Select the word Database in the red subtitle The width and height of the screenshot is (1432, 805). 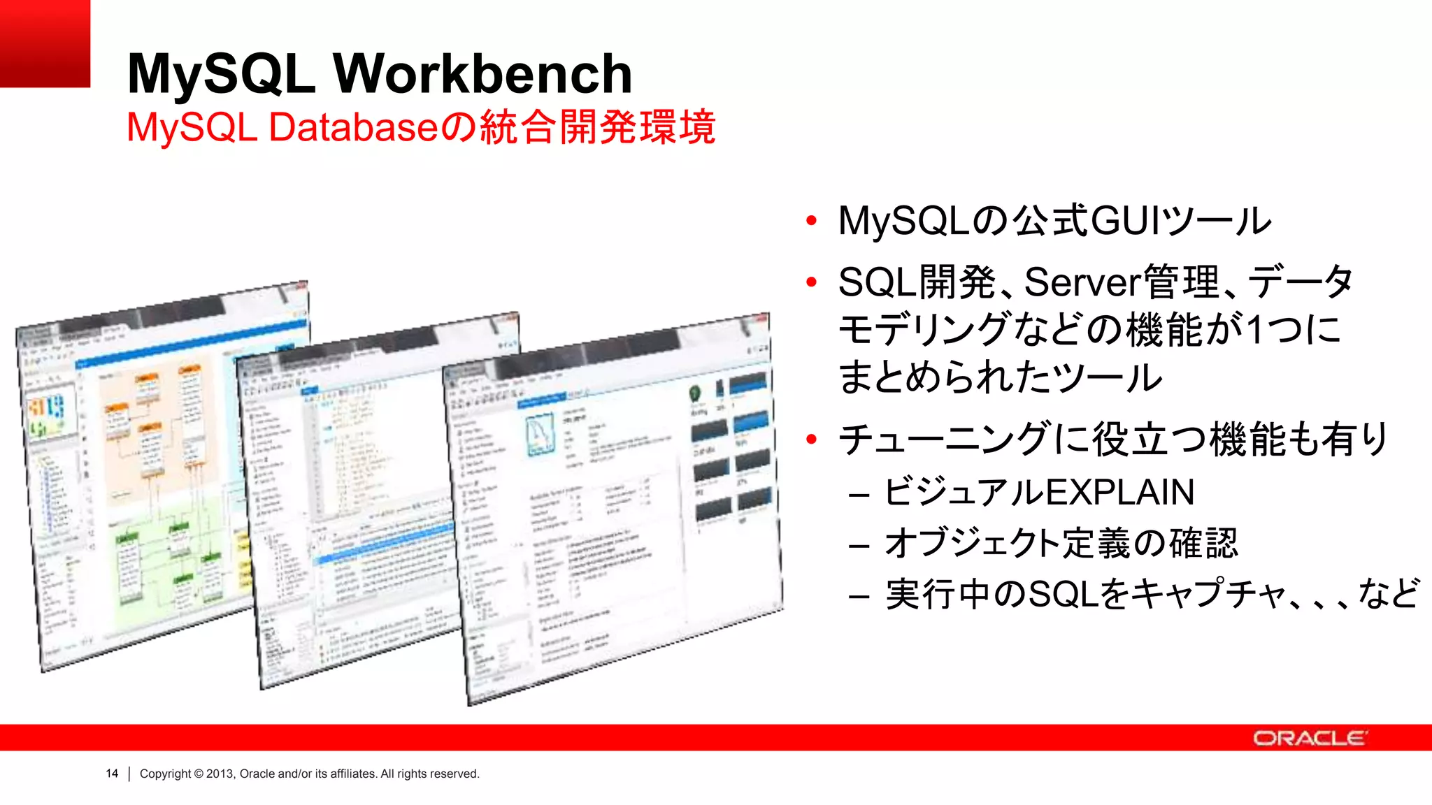click(x=353, y=127)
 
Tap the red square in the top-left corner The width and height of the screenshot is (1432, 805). click(x=45, y=43)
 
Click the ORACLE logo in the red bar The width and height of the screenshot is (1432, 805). click(x=1310, y=738)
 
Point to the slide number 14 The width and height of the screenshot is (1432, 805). click(x=112, y=774)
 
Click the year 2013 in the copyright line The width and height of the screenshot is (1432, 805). click(x=220, y=774)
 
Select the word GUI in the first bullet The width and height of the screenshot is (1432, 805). click(x=1123, y=221)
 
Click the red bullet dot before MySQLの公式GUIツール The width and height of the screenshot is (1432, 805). click(x=811, y=222)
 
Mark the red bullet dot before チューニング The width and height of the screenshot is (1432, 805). click(x=811, y=440)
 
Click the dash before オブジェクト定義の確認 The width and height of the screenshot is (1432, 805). click(x=859, y=545)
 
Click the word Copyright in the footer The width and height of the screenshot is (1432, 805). click(x=165, y=774)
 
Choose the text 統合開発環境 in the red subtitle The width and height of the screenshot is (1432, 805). click(x=599, y=127)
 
